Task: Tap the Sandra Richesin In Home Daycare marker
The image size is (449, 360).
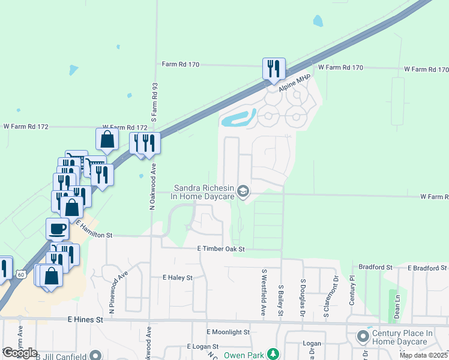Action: [243, 191]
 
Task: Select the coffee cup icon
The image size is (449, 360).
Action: [57, 229]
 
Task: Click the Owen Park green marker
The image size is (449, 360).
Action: [273, 355]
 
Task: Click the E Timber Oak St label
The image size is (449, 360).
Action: [221, 248]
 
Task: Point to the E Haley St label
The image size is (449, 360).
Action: [177, 278]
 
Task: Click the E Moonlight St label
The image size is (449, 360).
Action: [228, 332]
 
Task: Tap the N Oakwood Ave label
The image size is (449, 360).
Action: [153, 187]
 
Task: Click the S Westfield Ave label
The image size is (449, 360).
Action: [263, 292]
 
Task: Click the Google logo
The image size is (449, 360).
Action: [19, 353]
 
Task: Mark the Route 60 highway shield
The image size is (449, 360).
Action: [20, 274]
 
